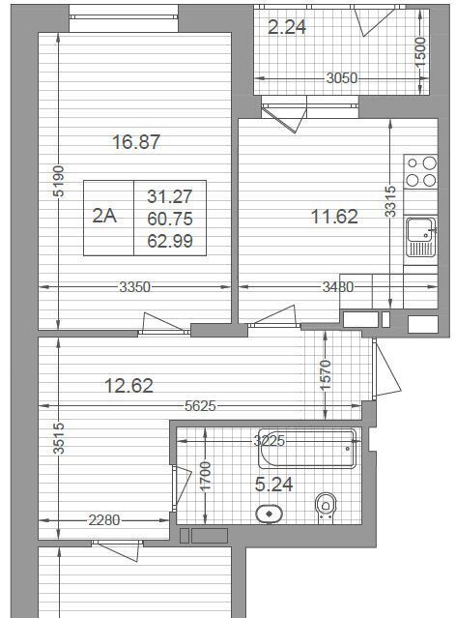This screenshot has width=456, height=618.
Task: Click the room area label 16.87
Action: [x=136, y=142]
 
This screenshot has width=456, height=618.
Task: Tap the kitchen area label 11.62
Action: [x=334, y=217]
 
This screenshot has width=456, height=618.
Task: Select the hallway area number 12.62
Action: [x=129, y=386]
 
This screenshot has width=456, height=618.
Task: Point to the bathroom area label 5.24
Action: [x=273, y=485]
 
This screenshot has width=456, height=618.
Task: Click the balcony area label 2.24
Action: [x=287, y=27]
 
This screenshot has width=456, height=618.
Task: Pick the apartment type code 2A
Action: [x=104, y=216]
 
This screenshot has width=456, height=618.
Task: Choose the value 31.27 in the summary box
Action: [x=170, y=196]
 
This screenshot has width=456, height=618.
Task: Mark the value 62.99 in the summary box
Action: [x=170, y=241]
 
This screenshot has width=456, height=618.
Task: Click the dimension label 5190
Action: [x=58, y=181]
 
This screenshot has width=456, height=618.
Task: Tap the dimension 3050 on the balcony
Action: [x=342, y=78]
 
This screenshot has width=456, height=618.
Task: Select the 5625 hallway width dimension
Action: [x=200, y=406]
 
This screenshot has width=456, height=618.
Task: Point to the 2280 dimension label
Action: [x=104, y=520]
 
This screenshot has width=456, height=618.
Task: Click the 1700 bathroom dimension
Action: [x=206, y=477]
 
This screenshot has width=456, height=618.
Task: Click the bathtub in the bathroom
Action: [x=307, y=449]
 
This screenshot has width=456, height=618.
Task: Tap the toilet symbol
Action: [x=326, y=508]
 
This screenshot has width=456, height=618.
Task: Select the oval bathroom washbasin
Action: [x=270, y=515]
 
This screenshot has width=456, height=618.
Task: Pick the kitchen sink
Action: [x=421, y=237]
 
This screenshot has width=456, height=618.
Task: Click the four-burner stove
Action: [x=421, y=172]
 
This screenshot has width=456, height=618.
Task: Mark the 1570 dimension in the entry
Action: [x=326, y=375]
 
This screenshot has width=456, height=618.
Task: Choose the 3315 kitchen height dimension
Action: [x=390, y=201]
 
